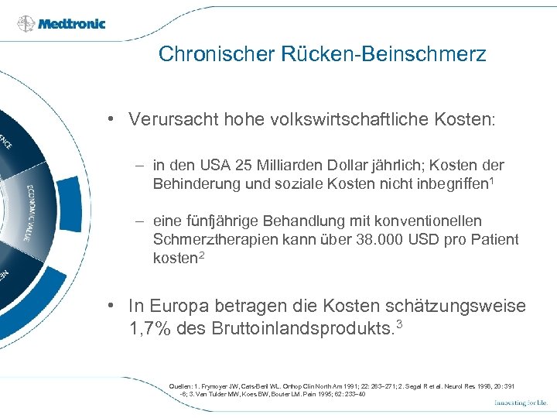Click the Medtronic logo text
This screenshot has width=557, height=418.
(73, 23)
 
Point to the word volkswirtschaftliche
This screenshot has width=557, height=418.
(350, 120)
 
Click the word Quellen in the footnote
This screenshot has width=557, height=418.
(181, 385)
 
